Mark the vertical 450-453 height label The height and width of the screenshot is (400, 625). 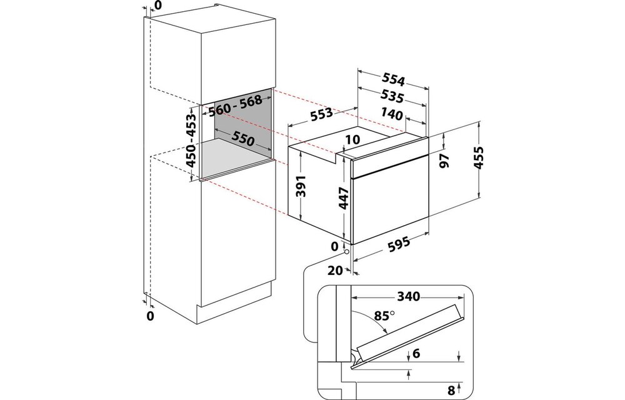(x=192, y=144)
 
